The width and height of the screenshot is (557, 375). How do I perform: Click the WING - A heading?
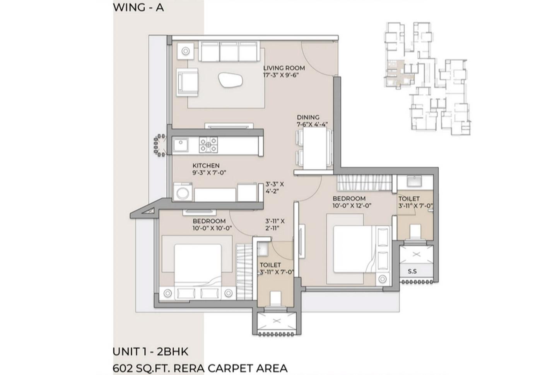(x=138, y=7)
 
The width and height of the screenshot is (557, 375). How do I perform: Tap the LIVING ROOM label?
(x=284, y=68)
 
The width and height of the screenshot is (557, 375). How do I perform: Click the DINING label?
(x=308, y=117)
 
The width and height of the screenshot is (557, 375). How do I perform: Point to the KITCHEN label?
(x=206, y=165)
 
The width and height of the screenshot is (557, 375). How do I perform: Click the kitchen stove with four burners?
(x=208, y=145)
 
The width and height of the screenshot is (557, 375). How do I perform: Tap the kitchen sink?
(x=181, y=145)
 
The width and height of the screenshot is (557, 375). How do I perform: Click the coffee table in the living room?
(x=231, y=81)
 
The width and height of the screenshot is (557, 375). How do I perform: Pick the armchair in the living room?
(x=188, y=82)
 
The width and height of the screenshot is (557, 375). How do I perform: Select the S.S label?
(x=412, y=271)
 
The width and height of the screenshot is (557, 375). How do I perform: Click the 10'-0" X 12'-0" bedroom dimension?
(x=352, y=206)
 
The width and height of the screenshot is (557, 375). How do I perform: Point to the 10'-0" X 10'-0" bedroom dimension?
(x=212, y=228)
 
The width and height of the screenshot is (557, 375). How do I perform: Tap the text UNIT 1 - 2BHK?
(x=150, y=351)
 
